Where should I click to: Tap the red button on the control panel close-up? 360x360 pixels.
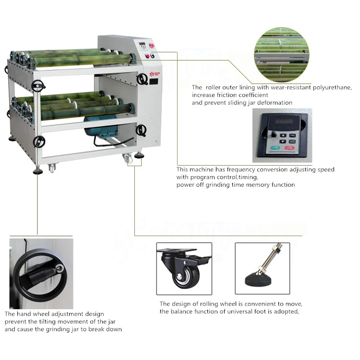(289, 148)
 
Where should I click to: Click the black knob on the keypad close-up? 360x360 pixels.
(273, 134)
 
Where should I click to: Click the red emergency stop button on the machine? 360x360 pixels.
(151, 46)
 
